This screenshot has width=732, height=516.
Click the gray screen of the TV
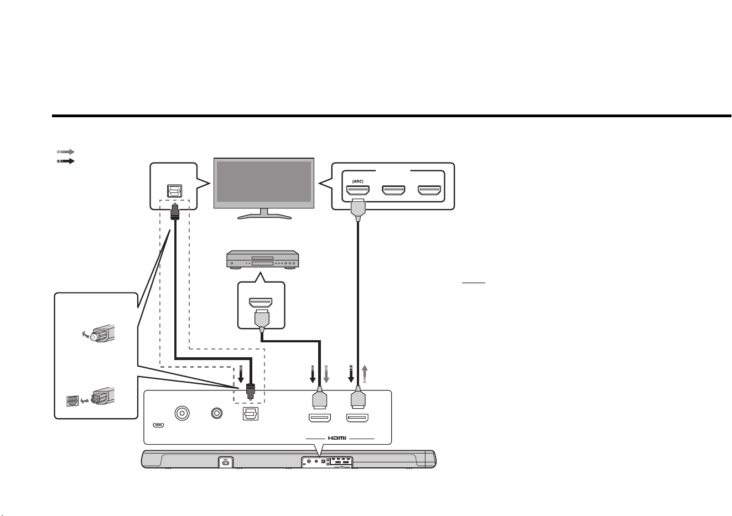tap(264, 181)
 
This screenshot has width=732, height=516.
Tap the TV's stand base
tap(264, 216)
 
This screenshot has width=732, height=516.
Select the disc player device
tap(263, 259)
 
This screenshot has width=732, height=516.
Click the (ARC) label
tap(358, 181)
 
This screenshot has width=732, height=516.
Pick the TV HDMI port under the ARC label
tap(358, 190)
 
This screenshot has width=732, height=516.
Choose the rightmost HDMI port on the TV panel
tap(429, 190)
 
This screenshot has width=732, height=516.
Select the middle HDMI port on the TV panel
tap(394, 190)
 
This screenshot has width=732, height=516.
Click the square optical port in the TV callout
tap(174, 191)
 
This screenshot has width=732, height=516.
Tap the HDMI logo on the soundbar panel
tap(337, 438)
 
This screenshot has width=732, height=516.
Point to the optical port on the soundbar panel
tap(251, 414)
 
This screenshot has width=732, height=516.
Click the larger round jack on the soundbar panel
tap(182, 413)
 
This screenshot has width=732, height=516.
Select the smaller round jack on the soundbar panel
tap(217, 413)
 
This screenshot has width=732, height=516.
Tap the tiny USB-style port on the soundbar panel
tap(158, 425)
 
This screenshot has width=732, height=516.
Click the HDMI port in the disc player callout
tap(261, 302)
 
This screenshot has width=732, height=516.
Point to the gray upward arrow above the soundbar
tap(365, 374)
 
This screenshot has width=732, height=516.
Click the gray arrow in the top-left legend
tap(66, 152)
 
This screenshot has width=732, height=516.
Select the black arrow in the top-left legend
tap(66, 161)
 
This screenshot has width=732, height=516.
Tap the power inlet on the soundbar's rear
tap(226, 462)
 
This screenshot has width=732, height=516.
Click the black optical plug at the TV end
tap(175, 211)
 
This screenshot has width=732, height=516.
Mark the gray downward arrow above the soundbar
tap(326, 374)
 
